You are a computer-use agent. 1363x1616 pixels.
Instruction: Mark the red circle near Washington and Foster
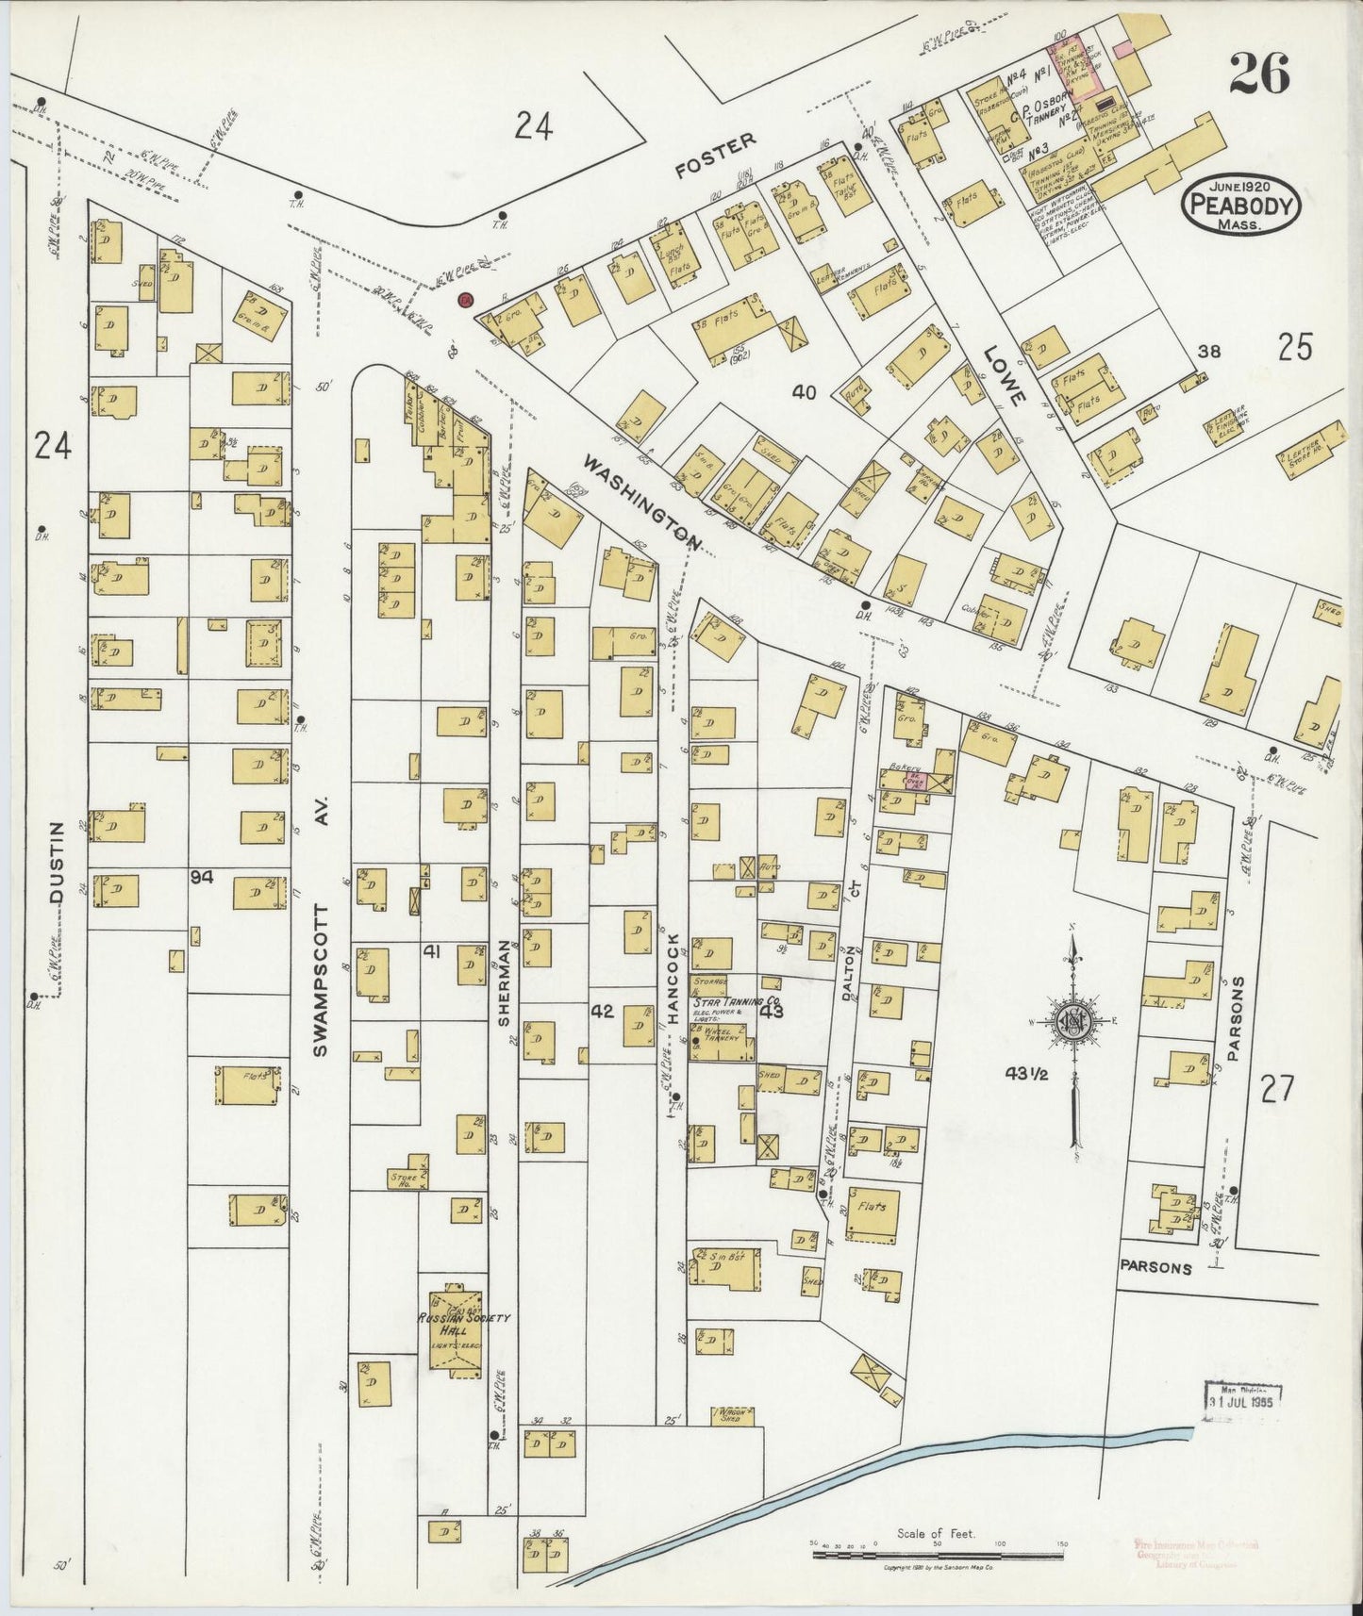pos(465,299)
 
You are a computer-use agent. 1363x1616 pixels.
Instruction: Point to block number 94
pos(201,877)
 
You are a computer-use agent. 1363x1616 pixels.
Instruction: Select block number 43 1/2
pos(1026,1072)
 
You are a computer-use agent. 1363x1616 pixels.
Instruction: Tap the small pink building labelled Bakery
pos(936,782)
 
